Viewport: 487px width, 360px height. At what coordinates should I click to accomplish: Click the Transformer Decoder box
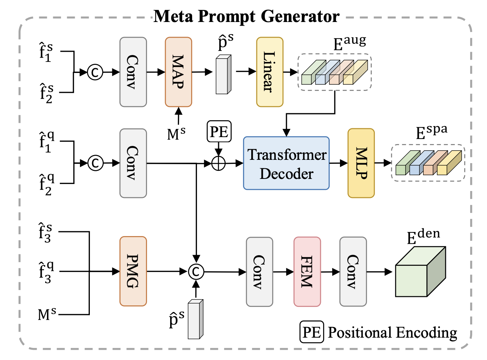tap(286, 163)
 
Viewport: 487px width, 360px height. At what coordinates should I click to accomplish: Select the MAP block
tap(178, 72)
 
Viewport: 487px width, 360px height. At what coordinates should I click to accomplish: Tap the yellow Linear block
tap(270, 72)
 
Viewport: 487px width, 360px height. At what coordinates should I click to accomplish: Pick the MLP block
tap(361, 163)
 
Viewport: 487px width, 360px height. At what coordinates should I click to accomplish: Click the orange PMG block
tap(133, 271)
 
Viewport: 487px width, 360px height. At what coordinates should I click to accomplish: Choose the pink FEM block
tap(307, 272)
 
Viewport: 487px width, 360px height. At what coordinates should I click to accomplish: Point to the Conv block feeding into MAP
tap(133, 72)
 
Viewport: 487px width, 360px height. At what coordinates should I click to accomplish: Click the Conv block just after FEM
tap(353, 272)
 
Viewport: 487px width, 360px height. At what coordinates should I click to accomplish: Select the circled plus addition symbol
tap(219, 164)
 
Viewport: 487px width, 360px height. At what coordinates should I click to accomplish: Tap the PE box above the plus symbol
tap(219, 132)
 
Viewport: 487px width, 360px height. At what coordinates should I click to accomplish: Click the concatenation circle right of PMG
tap(196, 272)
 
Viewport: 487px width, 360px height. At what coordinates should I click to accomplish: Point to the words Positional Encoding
tap(392, 333)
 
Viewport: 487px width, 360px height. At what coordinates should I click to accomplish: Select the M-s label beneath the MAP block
tap(176, 133)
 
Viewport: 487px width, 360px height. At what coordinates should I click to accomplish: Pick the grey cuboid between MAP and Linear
tap(223, 75)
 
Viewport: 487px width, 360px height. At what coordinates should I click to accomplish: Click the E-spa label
tap(431, 132)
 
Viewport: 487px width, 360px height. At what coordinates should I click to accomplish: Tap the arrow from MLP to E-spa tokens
tap(383, 163)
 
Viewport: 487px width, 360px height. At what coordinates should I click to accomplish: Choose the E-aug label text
tap(349, 43)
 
